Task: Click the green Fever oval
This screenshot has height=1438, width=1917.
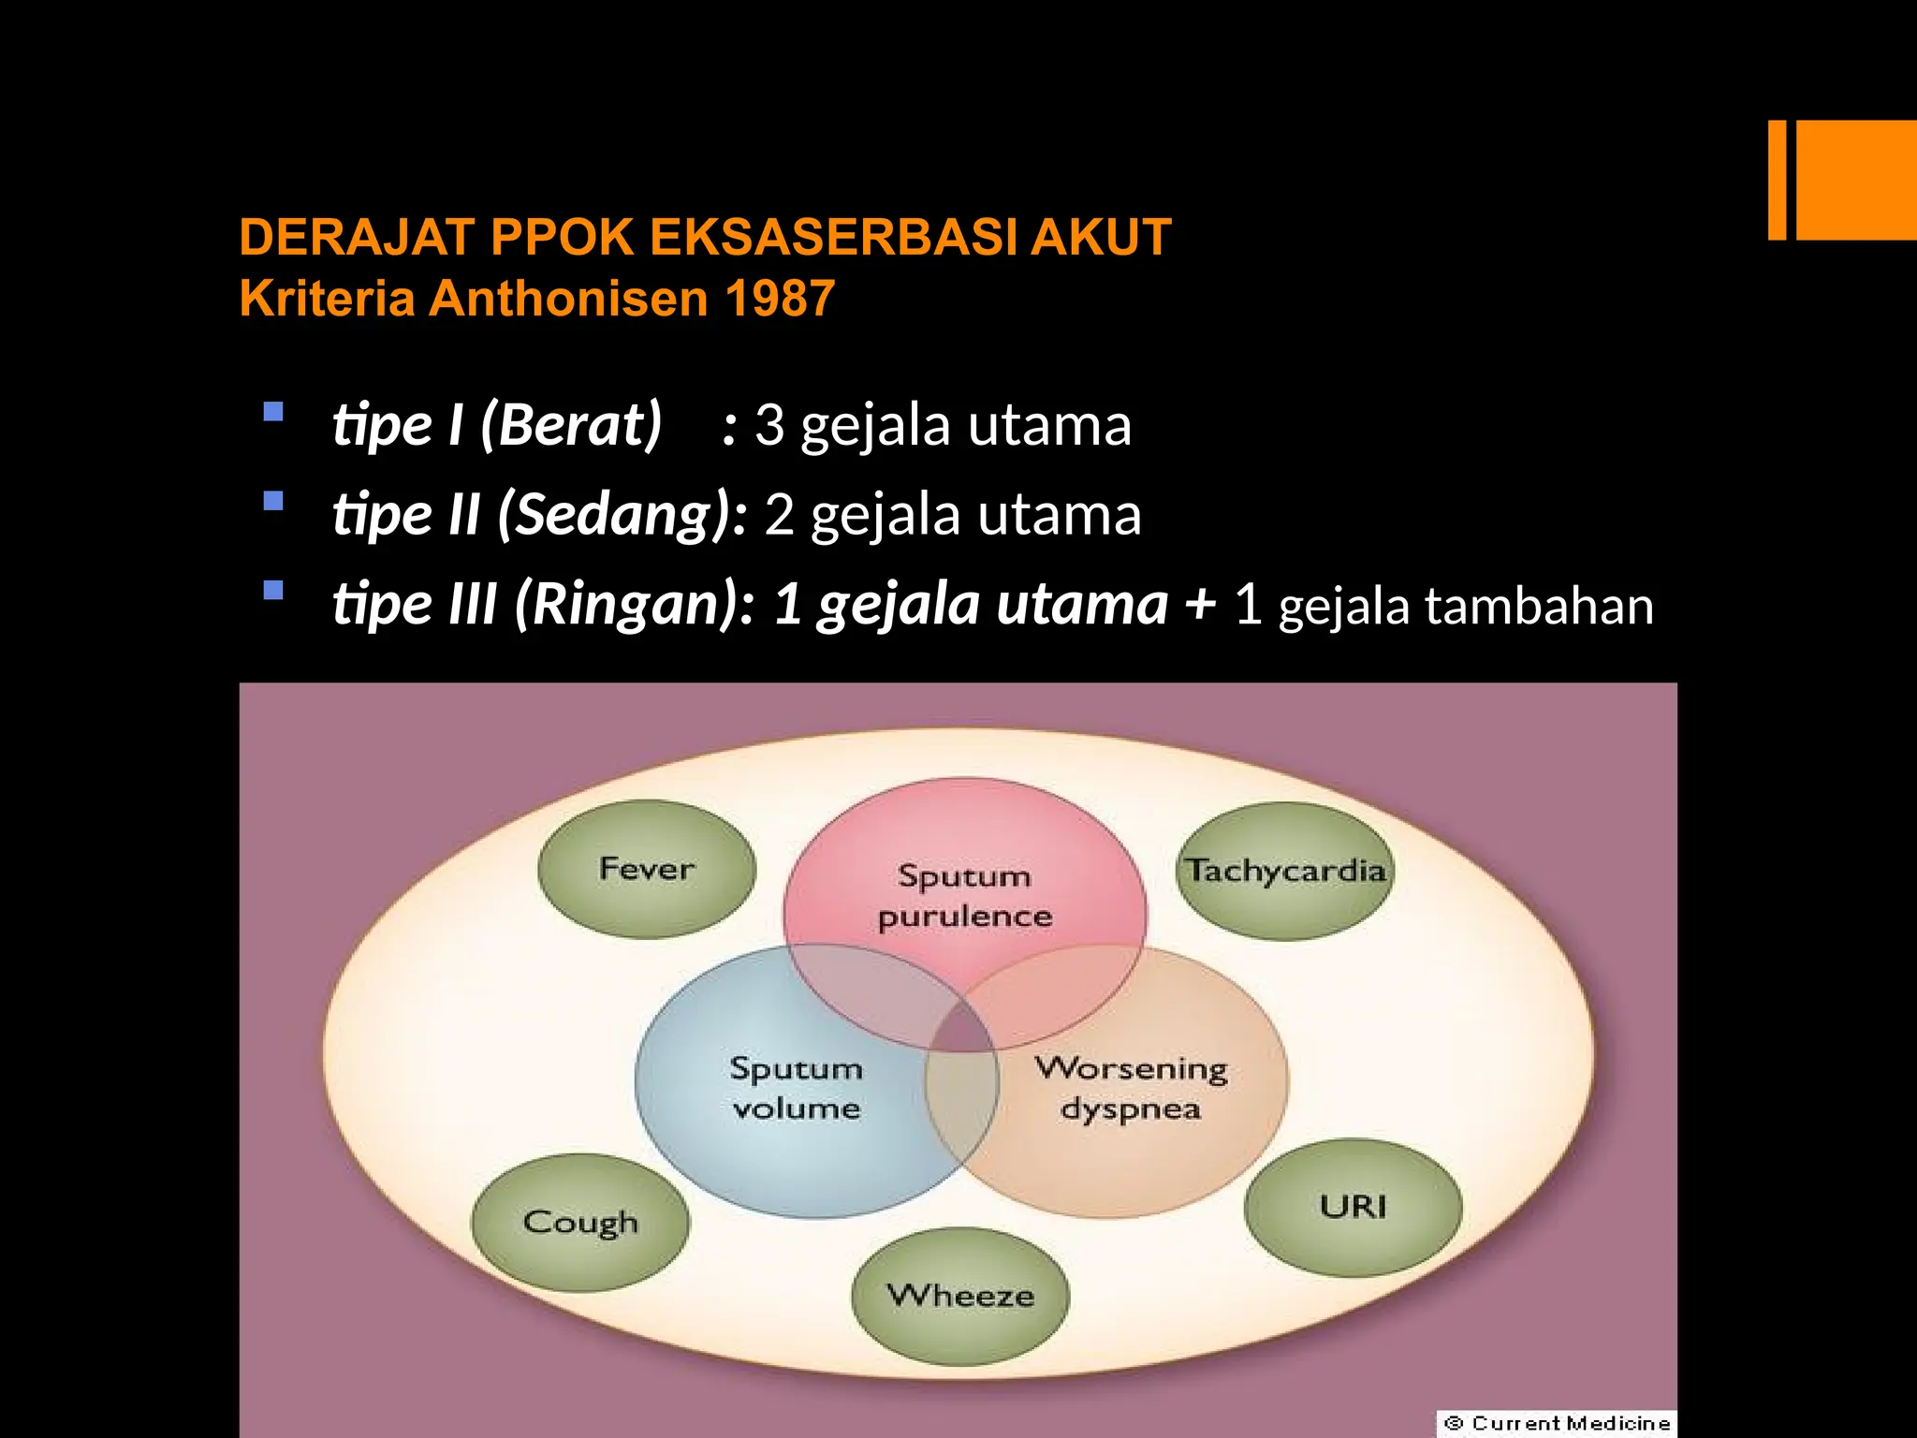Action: tap(647, 869)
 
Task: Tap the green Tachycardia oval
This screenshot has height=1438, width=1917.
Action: tap(1285, 871)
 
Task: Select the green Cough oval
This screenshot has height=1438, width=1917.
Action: tap(580, 1223)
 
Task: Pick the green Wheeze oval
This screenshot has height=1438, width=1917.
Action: tap(960, 1297)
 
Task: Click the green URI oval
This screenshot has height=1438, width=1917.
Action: tap(1354, 1207)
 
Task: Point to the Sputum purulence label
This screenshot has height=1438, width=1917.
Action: tap(964, 896)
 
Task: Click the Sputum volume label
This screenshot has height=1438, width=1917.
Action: tap(796, 1088)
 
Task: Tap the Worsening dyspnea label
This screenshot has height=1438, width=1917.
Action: tap(1131, 1088)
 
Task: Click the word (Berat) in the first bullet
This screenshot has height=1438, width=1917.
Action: tap(572, 425)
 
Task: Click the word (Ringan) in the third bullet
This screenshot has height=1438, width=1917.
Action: tap(627, 605)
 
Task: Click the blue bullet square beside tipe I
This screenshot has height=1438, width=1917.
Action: tap(273, 412)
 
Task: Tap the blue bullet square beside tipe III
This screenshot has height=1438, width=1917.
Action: tap(273, 591)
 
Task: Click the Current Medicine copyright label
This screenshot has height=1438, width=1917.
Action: tap(1557, 1423)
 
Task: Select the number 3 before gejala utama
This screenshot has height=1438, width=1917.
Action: tap(768, 425)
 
